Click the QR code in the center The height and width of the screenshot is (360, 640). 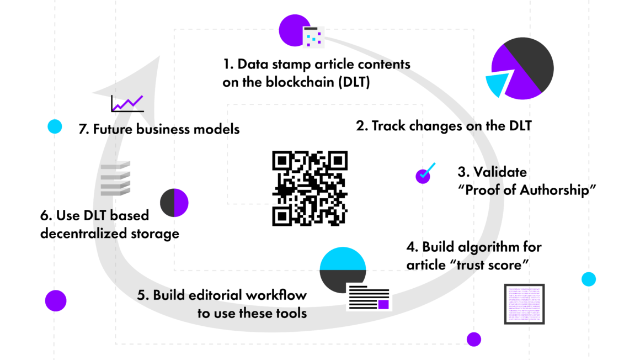310,188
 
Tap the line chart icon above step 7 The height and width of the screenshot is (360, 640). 127,103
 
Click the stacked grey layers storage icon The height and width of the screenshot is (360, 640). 115,178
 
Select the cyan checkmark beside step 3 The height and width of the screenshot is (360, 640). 428,171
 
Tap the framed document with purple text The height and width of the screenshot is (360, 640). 525,304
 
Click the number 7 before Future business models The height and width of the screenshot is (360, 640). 83,129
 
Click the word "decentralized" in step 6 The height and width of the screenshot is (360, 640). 84,234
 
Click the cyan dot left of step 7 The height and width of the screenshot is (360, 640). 55,126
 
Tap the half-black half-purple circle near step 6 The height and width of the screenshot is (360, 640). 174,203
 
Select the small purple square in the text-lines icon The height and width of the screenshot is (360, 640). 383,304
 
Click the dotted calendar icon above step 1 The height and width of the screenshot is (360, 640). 313,38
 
